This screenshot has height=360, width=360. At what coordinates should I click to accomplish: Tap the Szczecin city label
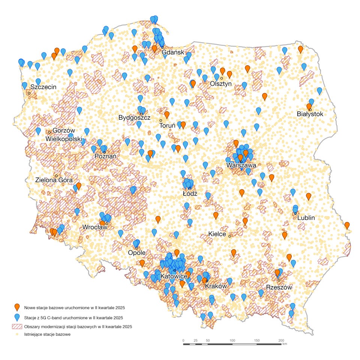coord(43,87)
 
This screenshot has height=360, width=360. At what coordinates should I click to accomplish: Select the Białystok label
coord(309,114)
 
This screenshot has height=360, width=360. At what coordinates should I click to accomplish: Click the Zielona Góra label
coord(54,180)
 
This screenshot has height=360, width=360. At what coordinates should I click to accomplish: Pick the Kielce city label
coord(217,234)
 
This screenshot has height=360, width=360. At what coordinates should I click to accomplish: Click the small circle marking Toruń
coord(160,120)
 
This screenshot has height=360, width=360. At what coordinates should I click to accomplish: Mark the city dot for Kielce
coord(229,236)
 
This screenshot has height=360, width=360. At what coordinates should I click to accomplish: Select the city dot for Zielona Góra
coord(56,176)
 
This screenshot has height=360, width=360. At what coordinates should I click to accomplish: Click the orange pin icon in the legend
coord(17,307)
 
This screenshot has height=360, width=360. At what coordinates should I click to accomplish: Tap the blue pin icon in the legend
coord(17,317)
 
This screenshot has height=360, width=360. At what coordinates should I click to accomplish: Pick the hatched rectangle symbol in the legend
coord(17,327)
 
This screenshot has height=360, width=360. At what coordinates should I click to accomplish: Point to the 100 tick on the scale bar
coord(232,343)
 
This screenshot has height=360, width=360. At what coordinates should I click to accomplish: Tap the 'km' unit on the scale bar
coord(285,343)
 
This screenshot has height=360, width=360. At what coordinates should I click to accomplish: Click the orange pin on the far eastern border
coord(347,225)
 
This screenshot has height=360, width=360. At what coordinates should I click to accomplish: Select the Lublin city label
coord(306,218)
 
